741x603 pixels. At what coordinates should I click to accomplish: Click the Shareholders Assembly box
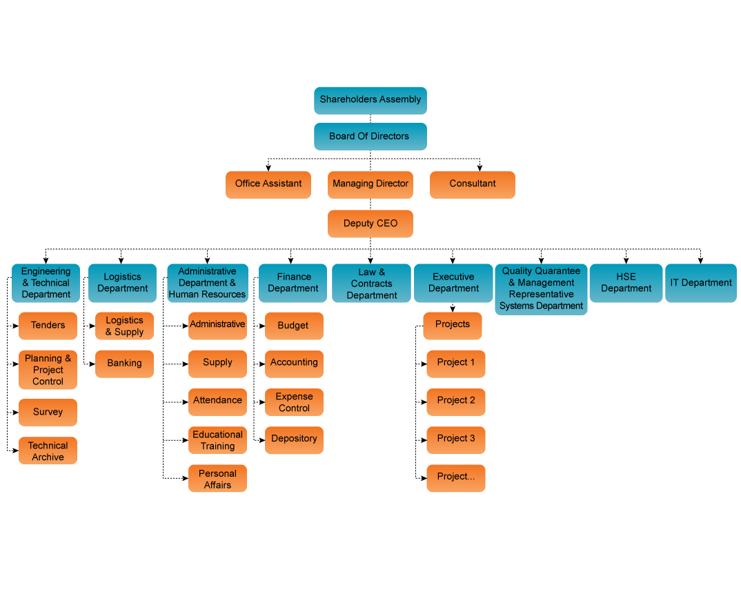click(370, 100)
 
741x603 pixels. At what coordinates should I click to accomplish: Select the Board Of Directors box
click(370, 137)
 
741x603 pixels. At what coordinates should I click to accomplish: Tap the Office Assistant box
click(268, 184)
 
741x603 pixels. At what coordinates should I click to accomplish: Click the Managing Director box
click(370, 184)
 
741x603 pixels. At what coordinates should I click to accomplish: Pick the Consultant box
click(473, 184)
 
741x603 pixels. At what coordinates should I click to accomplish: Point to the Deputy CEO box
click(370, 224)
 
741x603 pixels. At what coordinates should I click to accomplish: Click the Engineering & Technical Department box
click(46, 283)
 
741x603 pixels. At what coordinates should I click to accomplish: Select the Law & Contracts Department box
click(371, 284)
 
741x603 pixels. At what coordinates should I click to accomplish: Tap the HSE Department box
click(626, 283)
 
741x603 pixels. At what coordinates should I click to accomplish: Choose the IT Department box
click(701, 283)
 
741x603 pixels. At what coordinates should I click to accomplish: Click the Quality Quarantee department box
click(541, 289)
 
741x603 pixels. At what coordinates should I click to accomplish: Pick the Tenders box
click(48, 326)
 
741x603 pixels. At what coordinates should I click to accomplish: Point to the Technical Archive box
click(48, 451)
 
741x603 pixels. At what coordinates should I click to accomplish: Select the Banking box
click(124, 364)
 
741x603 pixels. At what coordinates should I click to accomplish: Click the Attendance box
click(217, 401)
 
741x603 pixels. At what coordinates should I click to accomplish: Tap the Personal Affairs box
click(217, 479)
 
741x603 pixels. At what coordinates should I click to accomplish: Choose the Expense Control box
click(294, 402)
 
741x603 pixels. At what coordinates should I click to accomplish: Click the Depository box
click(294, 439)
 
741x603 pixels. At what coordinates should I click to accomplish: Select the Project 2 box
click(456, 401)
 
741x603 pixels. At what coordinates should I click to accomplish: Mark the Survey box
click(48, 413)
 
